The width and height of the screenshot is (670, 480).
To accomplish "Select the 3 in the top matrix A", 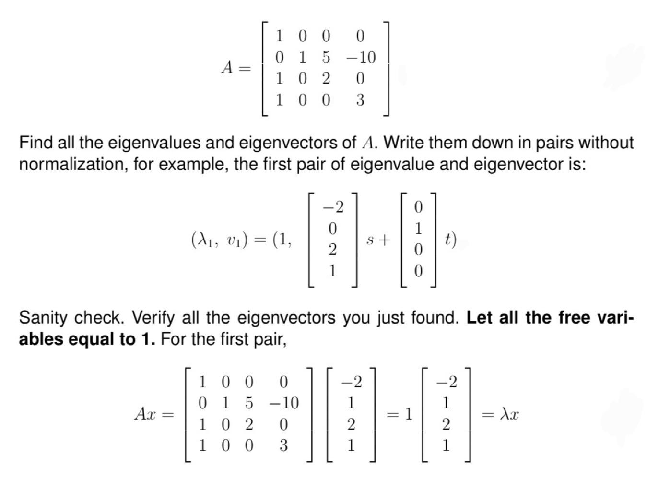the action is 360,100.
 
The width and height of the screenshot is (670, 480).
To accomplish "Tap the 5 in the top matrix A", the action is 326,58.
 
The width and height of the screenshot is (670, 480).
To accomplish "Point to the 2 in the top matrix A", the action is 326,79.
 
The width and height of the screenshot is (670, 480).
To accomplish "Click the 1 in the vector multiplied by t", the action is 418,228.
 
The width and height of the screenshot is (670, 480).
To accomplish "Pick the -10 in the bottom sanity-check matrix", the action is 283,403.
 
